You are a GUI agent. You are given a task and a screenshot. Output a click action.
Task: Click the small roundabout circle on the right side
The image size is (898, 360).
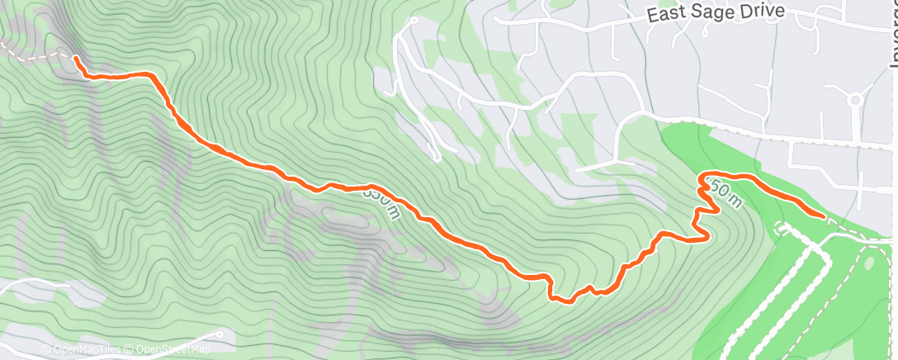(855, 101)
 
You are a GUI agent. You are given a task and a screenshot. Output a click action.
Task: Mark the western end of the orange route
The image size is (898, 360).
(76, 59)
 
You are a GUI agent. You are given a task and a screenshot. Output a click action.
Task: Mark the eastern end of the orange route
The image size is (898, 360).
(823, 216)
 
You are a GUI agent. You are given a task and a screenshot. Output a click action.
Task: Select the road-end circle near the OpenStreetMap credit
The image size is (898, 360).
(221, 334)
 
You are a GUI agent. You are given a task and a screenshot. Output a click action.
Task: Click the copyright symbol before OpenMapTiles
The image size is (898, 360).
(45, 350)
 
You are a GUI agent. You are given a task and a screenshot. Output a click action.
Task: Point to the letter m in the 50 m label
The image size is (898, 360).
(737, 197)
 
